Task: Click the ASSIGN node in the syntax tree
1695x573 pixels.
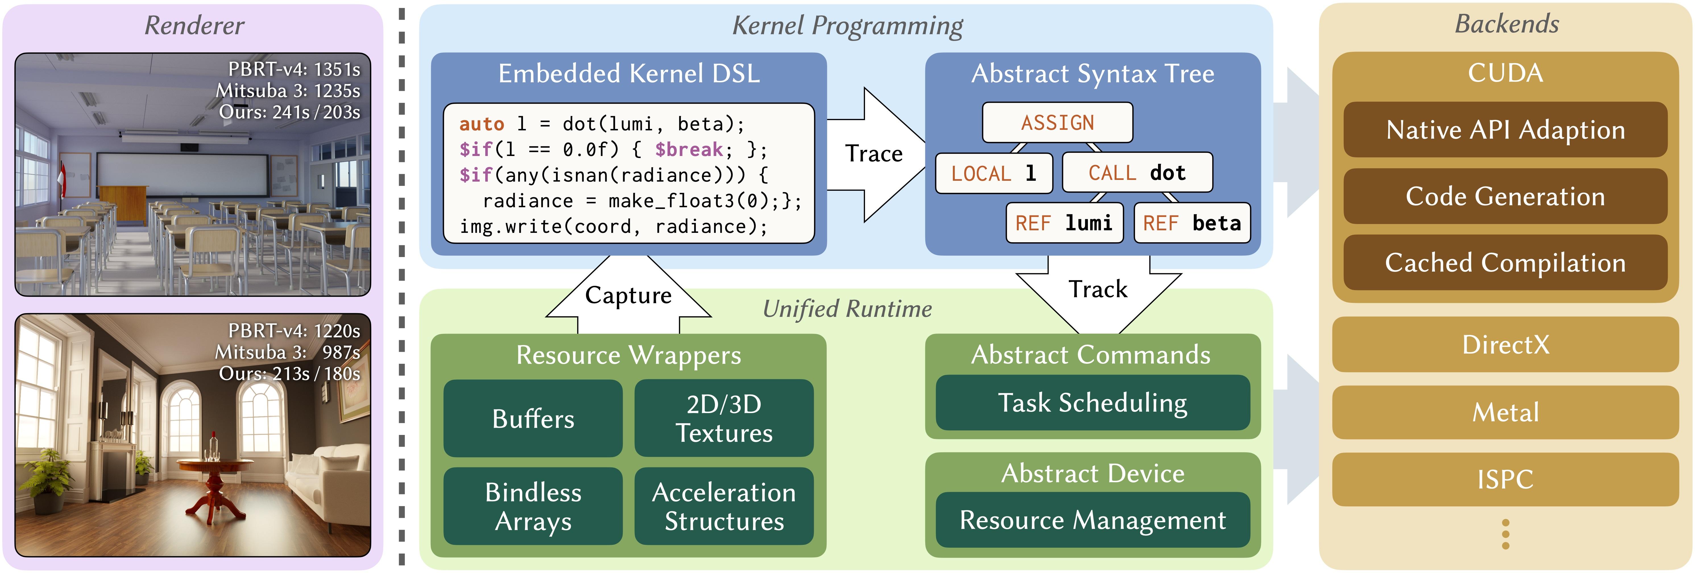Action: tap(1057, 122)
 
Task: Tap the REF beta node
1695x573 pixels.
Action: tap(1192, 223)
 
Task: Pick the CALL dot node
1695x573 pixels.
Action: tap(1137, 172)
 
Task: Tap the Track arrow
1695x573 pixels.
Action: tap(1099, 294)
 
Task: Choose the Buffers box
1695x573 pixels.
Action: tap(533, 418)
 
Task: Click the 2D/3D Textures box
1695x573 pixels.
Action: tap(724, 418)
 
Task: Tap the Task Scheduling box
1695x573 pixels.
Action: tap(1093, 402)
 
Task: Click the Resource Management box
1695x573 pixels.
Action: tap(1093, 520)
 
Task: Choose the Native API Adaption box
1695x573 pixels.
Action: tap(1505, 130)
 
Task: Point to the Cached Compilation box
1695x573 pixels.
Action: tap(1505, 262)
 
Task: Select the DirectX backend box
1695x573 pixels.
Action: tap(1505, 344)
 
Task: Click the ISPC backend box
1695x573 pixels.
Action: tap(1505, 479)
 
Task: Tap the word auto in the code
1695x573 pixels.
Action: tap(482, 124)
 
